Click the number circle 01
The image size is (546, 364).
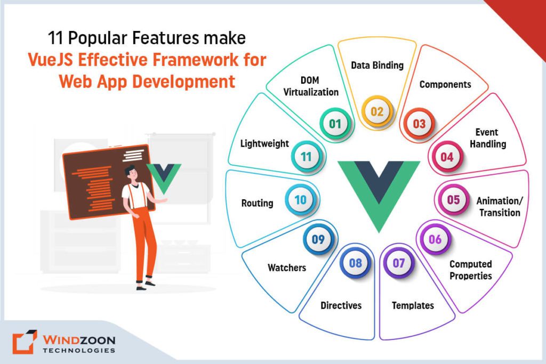point(334,124)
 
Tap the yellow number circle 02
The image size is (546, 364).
point(377,111)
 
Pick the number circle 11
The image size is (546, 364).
point(306,157)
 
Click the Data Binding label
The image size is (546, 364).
point(377,66)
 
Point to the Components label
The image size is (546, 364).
point(445,84)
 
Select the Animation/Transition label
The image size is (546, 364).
point(498,207)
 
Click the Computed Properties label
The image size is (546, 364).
point(470,270)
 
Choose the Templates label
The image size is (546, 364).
point(413,305)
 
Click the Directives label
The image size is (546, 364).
point(341,305)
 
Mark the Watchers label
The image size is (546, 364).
point(287,268)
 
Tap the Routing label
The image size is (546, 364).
point(257,203)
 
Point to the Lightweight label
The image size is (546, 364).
point(264,143)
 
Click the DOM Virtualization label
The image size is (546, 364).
point(311,86)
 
